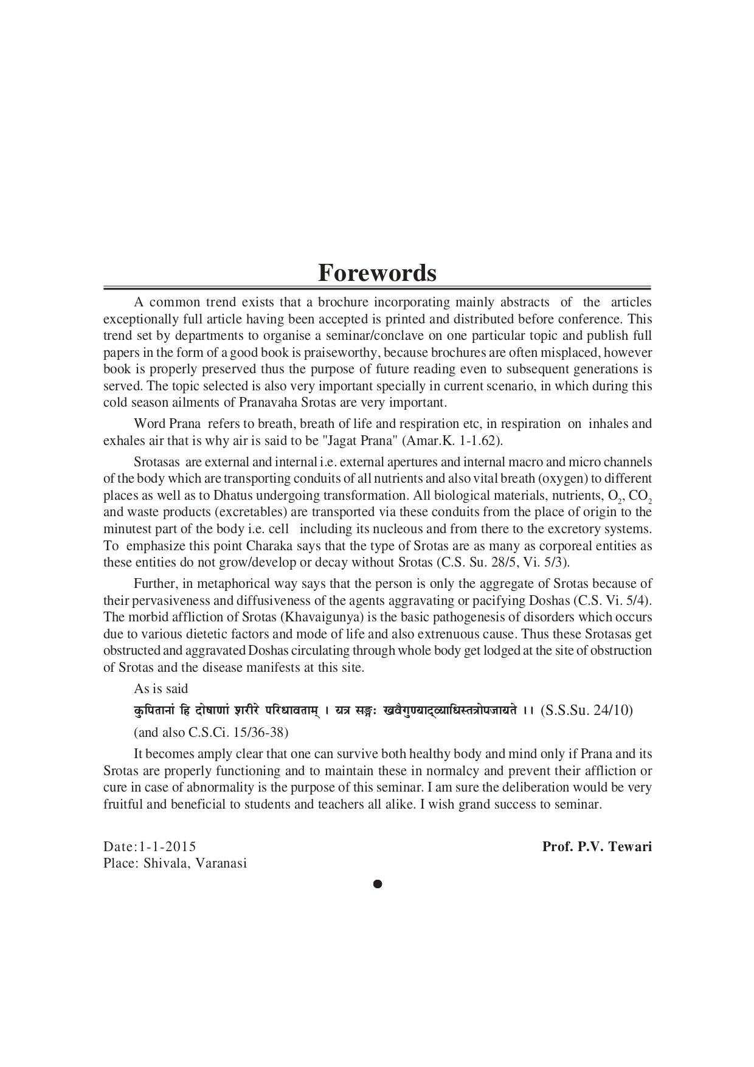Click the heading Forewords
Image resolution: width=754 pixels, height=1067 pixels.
pos(377,273)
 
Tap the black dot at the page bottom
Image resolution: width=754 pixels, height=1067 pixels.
pos(377,884)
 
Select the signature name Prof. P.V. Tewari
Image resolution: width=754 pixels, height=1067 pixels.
pos(597,846)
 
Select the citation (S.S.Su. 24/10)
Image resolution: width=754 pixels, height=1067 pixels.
pos(586,710)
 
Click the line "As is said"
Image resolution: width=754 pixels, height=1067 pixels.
pos(161,689)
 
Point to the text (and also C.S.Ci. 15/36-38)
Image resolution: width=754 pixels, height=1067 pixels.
pos(211,732)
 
